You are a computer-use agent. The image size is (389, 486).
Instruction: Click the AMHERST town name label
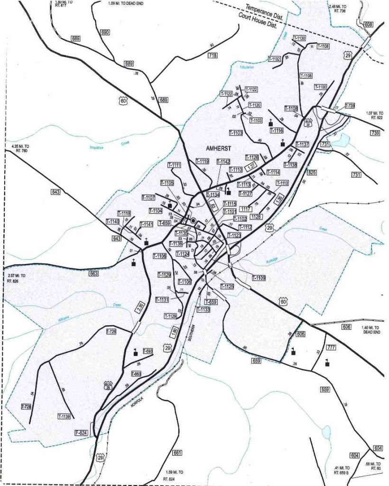(219, 148)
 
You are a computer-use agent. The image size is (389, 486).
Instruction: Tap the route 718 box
(213, 56)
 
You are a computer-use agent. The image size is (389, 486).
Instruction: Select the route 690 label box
(105, 32)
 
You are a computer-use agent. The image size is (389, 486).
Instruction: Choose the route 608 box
(369, 24)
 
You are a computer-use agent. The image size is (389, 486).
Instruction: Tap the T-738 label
(350, 105)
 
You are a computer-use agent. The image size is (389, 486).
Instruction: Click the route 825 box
(311, 172)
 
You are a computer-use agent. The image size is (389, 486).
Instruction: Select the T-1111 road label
(174, 165)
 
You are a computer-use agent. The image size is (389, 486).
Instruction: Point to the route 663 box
(93, 273)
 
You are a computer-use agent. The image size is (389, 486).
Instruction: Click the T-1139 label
(64, 416)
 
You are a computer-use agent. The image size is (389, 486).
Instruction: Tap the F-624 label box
(82, 432)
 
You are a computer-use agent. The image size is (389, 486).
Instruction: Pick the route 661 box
(177, 452)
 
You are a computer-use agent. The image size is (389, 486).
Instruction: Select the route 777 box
(331, 348)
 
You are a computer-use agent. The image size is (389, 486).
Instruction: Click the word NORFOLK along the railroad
(137, 401)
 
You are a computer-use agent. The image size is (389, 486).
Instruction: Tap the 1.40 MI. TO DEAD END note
(371, 330)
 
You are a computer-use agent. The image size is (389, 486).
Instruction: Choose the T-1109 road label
(259, 278)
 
